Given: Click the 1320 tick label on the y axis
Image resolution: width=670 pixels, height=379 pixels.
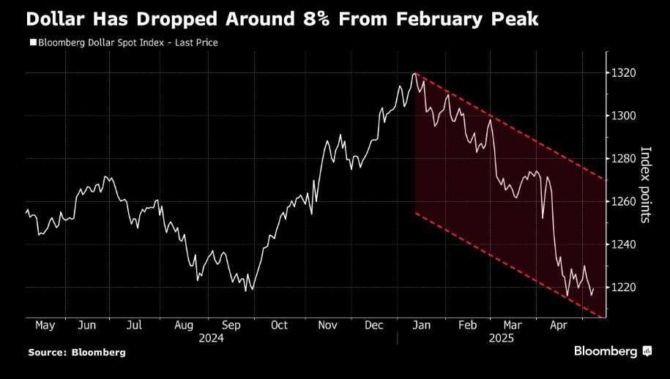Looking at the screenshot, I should [625, 73].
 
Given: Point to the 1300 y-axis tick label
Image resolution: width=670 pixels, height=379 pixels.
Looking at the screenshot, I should [625, 116].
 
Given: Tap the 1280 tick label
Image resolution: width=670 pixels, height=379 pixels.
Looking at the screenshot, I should [625, 159].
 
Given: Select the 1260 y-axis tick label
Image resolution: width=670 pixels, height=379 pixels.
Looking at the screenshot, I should [625, 201].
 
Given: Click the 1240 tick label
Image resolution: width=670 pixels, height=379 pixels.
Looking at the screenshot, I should [625, 244].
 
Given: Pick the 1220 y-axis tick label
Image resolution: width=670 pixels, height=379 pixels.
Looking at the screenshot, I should [625, 287].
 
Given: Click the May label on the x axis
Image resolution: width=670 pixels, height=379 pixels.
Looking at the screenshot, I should [45, 326].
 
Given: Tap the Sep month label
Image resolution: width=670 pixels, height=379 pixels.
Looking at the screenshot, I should [231, 326].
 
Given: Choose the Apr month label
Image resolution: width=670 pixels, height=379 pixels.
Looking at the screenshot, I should [559, 326].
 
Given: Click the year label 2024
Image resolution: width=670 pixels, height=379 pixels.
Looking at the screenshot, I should [211, 338].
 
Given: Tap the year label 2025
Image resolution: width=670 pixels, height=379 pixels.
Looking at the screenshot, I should [502, 338].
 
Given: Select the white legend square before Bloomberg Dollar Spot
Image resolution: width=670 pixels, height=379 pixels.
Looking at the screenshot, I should [33, 42].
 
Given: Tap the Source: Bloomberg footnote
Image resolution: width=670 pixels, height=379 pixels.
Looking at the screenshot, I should [77, 352].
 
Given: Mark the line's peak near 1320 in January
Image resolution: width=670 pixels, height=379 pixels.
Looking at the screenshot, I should [415, 73].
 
